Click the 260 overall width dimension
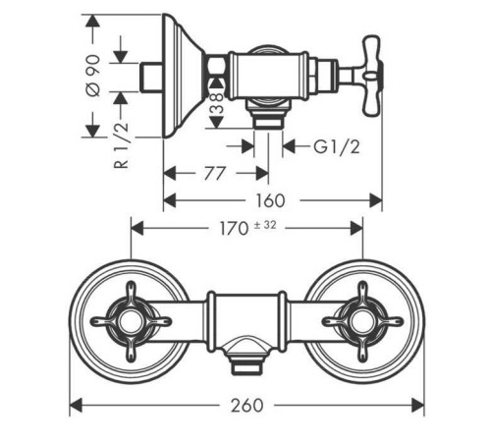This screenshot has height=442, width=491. point(246,406)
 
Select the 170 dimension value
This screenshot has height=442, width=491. point(234,229)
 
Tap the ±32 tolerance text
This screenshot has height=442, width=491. point(265,225)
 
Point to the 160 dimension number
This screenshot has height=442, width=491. point(270,200)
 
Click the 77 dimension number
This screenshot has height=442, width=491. point(215,173)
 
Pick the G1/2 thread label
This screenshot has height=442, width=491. point(337,146)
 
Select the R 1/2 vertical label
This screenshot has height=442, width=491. point(121,145)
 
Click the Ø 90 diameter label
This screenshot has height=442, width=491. point(93,76)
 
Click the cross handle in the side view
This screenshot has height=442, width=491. point(372,76)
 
